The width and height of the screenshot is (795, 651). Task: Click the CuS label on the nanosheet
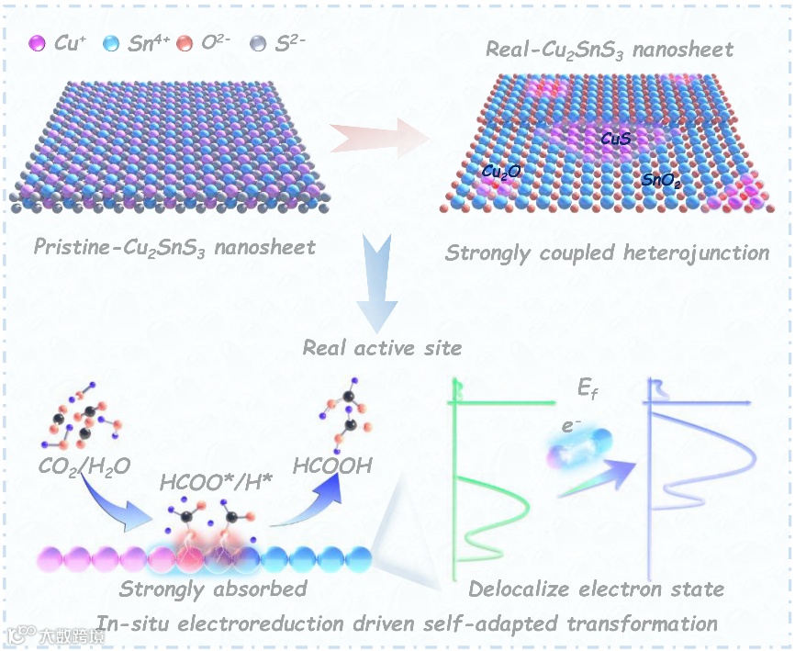[614, 139]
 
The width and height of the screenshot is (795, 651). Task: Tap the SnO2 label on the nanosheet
[660, 181]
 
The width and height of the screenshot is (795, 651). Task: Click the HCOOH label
[333, 466]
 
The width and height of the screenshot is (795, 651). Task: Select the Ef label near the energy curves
[588, 390]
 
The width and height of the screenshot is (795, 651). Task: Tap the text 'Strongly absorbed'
[213, 589]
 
